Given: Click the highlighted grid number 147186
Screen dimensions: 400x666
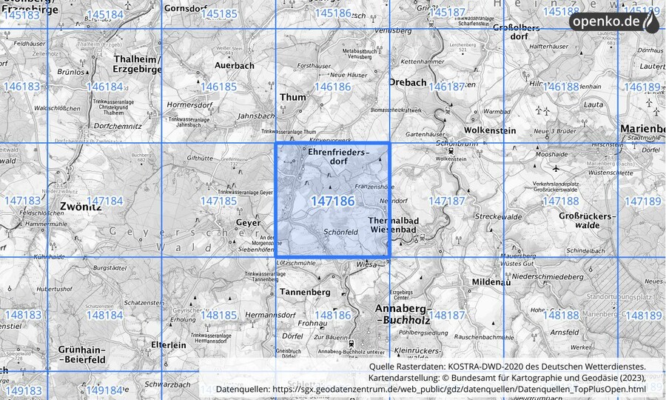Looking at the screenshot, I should pos(332,201).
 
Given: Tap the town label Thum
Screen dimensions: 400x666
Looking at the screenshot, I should pos(292,97).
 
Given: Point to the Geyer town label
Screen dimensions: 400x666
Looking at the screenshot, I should pos(248,221).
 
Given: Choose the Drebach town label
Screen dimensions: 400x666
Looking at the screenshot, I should pos(408,82).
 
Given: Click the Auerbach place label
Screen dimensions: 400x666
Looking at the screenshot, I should pos(234,65).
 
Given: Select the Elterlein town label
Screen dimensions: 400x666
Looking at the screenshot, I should pos(169,344).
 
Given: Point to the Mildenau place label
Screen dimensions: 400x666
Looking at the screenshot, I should pos(491,282).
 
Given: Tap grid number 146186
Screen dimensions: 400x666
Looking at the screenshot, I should pos(332,87).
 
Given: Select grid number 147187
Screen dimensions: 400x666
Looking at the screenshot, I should pos(446,201).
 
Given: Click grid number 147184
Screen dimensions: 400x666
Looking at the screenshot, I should pos(104,201).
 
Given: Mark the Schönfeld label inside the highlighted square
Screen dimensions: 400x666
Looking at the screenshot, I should pos(341,232).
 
